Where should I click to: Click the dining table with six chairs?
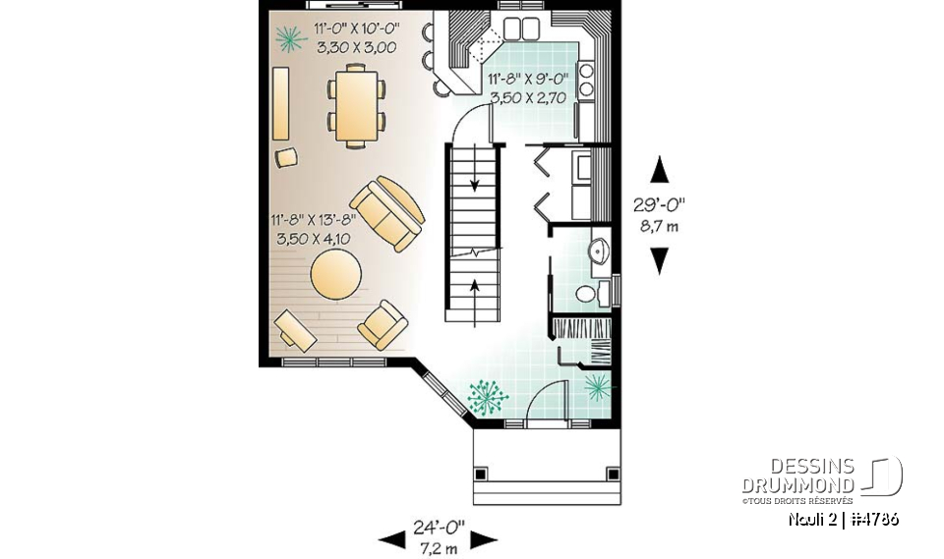click(356, 103)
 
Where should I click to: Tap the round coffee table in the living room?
click(338, 274)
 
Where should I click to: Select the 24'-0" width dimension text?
click(438, 531)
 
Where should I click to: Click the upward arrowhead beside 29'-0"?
click(660, 170)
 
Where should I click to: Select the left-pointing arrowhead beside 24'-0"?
click(392, 538)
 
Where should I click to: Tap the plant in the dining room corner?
click(288, 38)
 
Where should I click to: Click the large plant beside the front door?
click(487, 397)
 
